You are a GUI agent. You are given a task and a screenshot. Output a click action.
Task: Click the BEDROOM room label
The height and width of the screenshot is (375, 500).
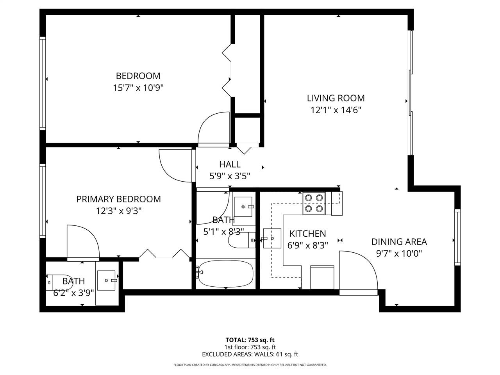pyautogui.click(x=138, y=76)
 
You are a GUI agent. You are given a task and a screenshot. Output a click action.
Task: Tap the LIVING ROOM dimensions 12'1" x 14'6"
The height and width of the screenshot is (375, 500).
pyautogui.click(x=336, y=110)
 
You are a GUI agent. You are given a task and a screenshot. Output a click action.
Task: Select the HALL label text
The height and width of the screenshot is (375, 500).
pyautogui.click(x=230, y=164)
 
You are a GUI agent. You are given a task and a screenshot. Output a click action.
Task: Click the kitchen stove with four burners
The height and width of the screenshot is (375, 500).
pyautogui.click(x=314, y=203)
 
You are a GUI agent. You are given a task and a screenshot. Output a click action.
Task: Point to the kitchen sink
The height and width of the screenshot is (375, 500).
pyautogui.click(x=272, y=238)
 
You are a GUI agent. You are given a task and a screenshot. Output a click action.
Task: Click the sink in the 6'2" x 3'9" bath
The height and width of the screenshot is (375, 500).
pyautogui.click(x=106, y=280)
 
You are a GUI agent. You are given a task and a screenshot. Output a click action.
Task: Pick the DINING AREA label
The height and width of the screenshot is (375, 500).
pyautogui.click(x=399, y=242)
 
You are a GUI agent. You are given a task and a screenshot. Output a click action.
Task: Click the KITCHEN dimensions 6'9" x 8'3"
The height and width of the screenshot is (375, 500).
pyautogui.click(x=307, y=245)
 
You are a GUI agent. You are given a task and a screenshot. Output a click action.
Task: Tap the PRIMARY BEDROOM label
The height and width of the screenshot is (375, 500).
pyautogui.click(x=118, y=199)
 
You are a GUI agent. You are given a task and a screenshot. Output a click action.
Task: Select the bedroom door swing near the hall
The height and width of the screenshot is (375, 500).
pyautogui.click(x=214, y=129)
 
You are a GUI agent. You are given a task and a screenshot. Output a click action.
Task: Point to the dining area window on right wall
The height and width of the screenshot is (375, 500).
pyautogui.click(x=457, y=237)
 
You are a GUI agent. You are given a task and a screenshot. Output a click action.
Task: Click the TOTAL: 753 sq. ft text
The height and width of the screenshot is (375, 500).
pyautogui.click(x=250, y=340)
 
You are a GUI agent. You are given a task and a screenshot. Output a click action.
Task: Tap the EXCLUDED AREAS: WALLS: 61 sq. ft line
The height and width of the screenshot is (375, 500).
pyautogui.click(x=250, y=354)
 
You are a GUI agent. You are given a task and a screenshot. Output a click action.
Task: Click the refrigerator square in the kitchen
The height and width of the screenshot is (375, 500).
pyautogui.click(x=322, y=277)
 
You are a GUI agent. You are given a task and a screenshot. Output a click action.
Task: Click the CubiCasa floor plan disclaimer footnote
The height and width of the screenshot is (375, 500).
pyautogui.click(x=250, y=365)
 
